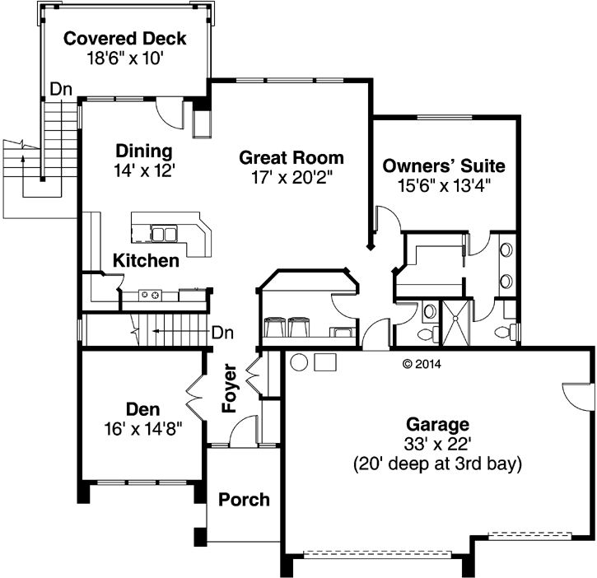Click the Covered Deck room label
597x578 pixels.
pos(125,39)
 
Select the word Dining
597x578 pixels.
pos(143,151)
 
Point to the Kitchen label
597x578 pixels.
pos(146,261)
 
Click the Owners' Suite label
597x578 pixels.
pos(444,165)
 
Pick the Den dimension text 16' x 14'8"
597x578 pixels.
pos(142,428)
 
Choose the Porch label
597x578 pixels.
pos(245,499)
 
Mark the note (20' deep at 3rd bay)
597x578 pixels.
pos(437,464)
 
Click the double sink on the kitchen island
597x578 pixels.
pos(163,234)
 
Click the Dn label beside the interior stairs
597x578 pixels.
pos(222,333)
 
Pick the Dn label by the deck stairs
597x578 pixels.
pos(58,87)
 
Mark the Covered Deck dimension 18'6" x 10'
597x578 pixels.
pos(125,58)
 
